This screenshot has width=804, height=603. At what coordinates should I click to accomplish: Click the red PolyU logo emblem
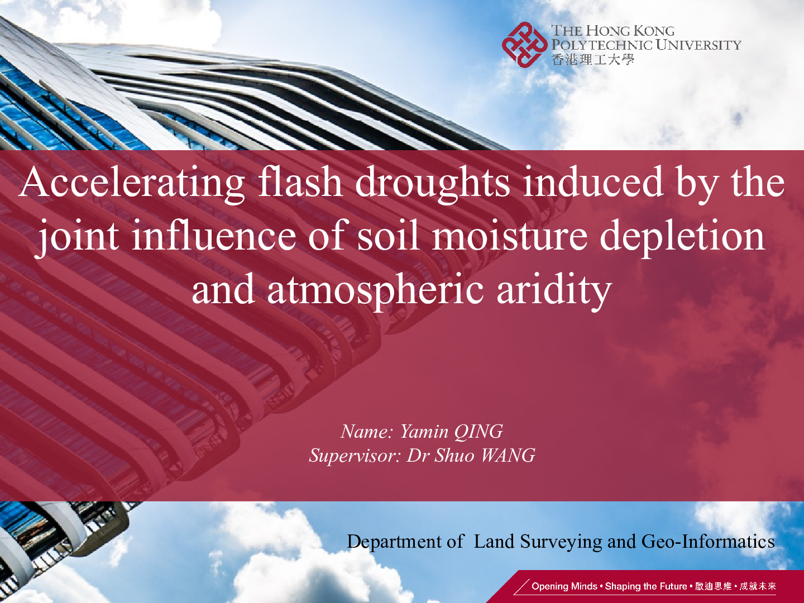pos(524,45)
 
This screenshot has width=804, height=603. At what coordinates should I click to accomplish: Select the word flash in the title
pos(300,181)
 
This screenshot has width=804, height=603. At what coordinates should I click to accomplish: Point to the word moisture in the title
pos(510,236)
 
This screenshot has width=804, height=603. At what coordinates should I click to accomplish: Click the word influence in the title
pos(213,234)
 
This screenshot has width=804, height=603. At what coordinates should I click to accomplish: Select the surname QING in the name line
pos(478,432)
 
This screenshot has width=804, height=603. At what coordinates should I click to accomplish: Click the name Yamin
pos(424,432)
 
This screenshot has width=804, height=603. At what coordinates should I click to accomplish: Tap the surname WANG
pos(508,456)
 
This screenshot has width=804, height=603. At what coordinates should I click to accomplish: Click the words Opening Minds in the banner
pos(564,586)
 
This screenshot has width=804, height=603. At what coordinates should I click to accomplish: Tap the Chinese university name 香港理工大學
pos(592,59)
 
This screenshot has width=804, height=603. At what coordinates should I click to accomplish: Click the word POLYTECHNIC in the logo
pos(602,45)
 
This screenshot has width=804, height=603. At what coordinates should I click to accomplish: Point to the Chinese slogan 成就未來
pos(758,586)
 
